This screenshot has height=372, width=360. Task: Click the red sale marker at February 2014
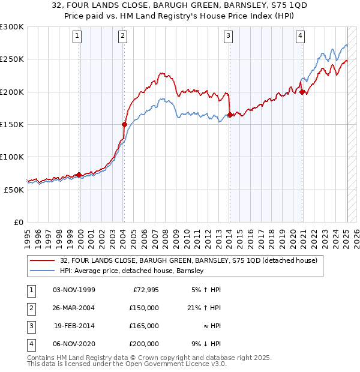point(229,115)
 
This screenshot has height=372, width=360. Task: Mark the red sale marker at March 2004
point(124,125)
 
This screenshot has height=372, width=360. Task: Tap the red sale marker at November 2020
point(302,92)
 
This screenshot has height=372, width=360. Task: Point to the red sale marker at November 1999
point(79,175)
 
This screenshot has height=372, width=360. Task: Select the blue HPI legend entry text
point(132,271)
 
